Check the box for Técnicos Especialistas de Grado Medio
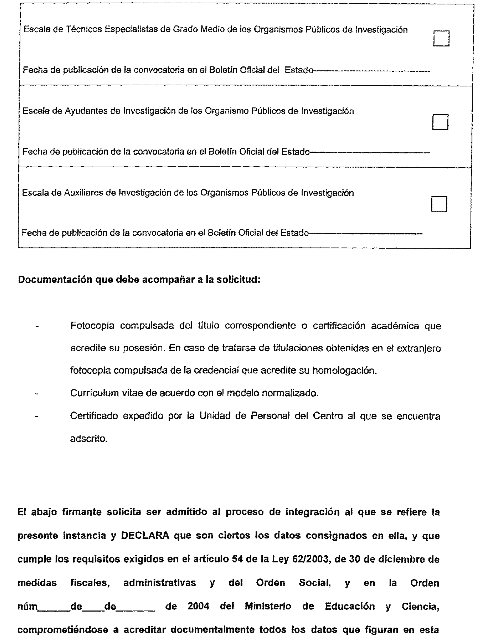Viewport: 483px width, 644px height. pyautogui.click(x=441, y=38)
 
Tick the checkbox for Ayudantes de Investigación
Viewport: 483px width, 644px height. pyautogui.click(x=440, y=122)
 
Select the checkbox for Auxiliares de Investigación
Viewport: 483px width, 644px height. pyautogui.click(x=439, y=204)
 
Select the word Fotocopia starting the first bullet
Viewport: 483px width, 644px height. pyautogui.click(x=92, y=326)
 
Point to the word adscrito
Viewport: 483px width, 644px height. pyautogui.click(x=88, y=438)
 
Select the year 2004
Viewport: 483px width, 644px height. pyautogui.click(x=198, y=606)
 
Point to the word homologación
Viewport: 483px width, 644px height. pyautogui.click(x=345, y=370)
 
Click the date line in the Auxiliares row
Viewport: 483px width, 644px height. pyautogui.click(x=365, y=233)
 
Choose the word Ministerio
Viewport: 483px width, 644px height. pyautogui.click(x=268, y=606)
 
